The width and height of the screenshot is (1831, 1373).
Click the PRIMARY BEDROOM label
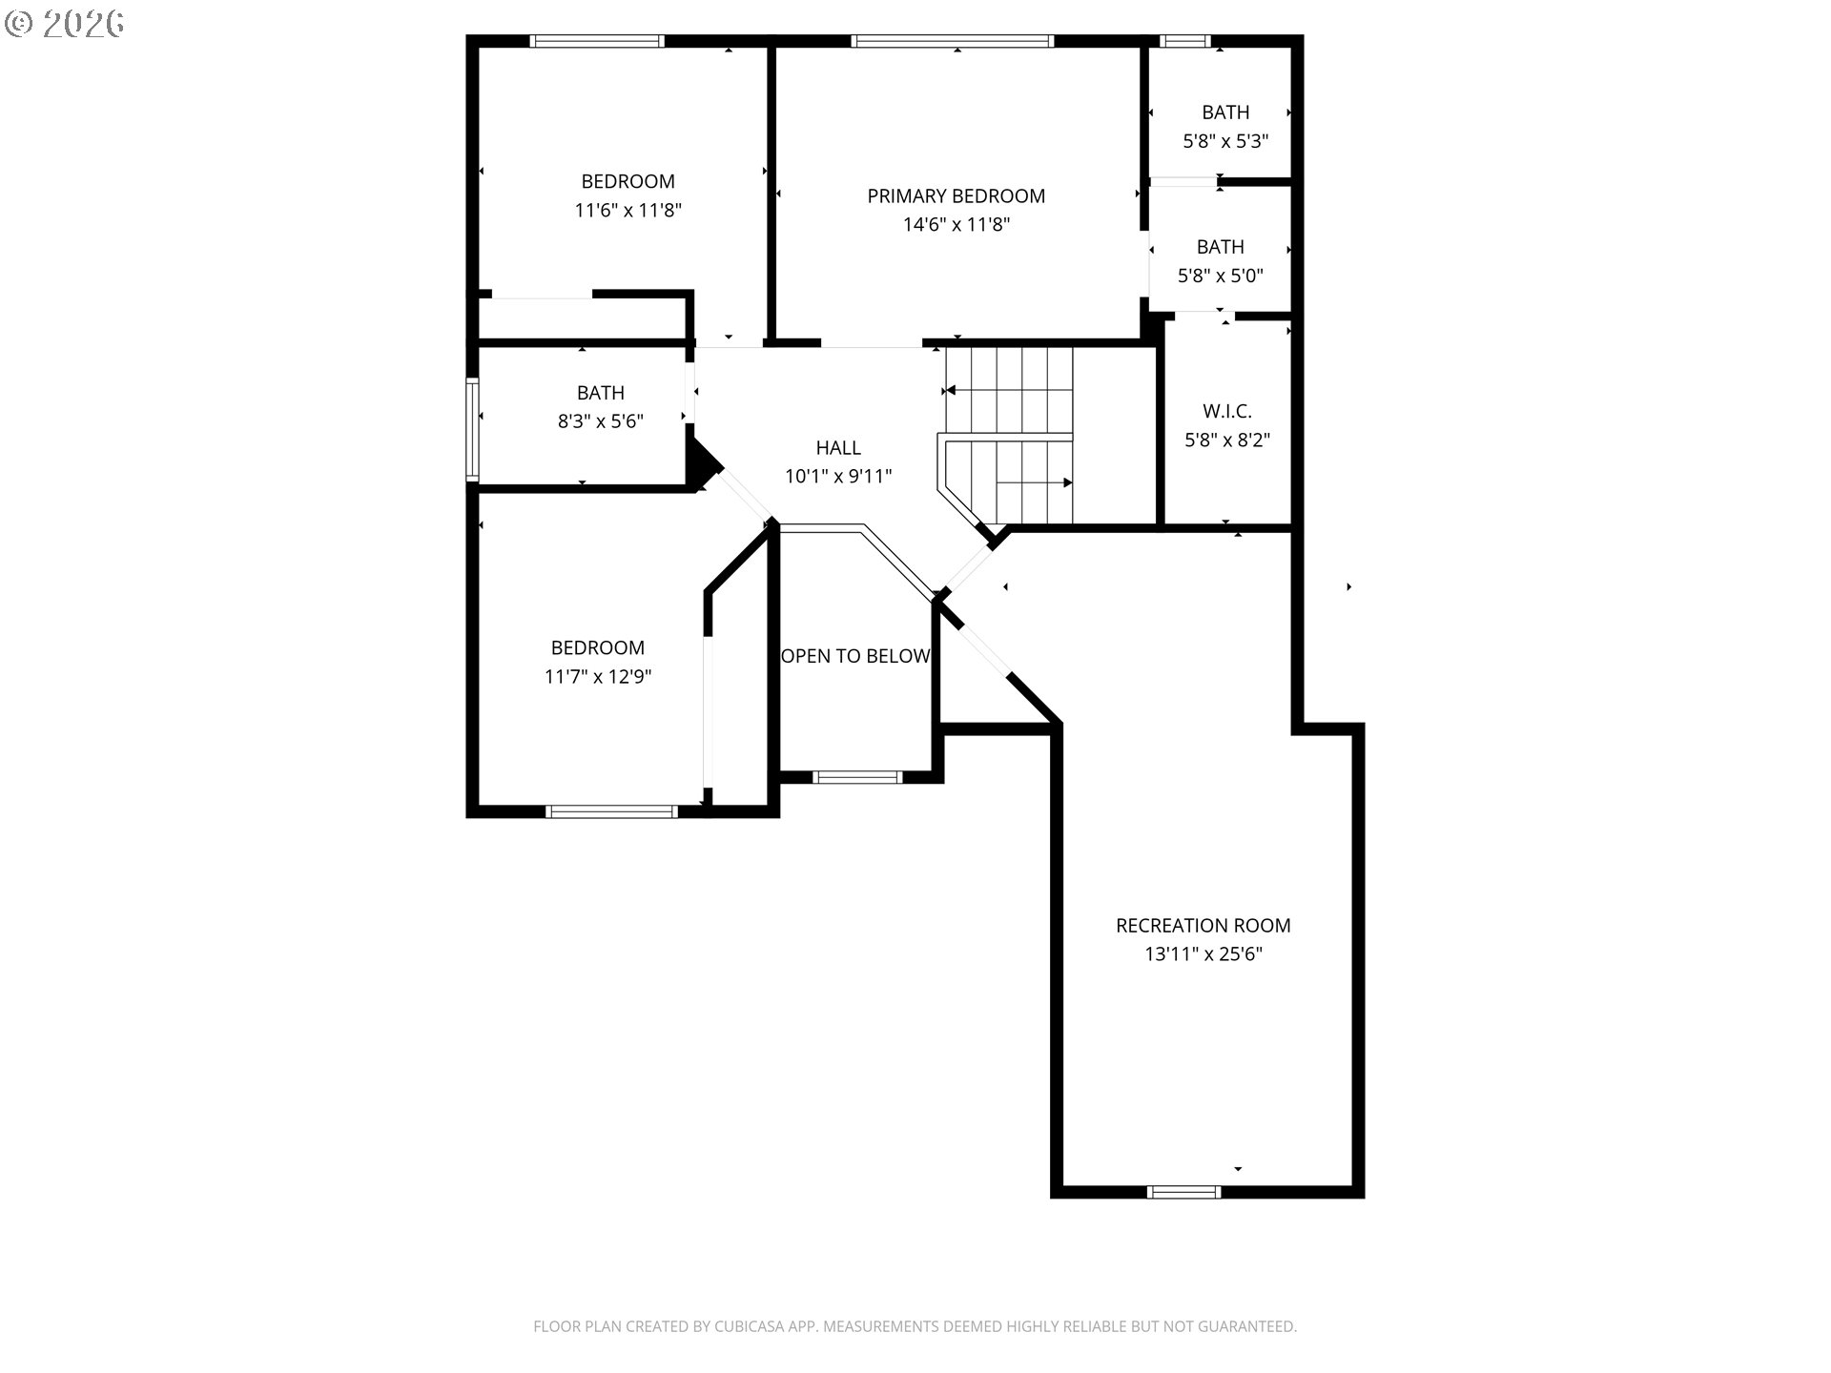tap(956, 196)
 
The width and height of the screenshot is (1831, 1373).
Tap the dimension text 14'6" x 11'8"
tap(956, 225)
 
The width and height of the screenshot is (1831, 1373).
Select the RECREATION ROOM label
tap(1204, 926)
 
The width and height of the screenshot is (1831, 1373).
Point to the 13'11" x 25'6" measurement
tap(1204, 954)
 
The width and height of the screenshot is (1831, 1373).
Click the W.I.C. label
tap(1227, 412)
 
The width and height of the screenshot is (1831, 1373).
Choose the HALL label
tap(838, 448)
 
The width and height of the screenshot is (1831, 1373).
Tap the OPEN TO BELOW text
tap(855, 656)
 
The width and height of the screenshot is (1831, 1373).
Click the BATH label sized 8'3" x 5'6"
tap(601, 393)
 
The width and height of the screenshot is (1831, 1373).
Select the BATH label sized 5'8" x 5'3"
tap(1225, 113)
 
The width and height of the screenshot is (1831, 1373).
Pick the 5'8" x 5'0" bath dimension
tap(1221, 277)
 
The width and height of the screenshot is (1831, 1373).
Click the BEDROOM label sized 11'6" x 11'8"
tap(628, 182)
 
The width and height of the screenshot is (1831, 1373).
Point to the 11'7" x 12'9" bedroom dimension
tap(598, 677)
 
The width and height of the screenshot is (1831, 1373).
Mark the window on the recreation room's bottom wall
tap(1183, 1192)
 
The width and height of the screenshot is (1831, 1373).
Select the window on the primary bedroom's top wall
tap(953, 41)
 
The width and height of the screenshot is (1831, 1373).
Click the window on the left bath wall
tap(471, 429)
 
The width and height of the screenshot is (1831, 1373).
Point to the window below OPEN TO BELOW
tap(857, 777)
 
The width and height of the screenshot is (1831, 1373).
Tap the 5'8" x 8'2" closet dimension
tap(1227, 441)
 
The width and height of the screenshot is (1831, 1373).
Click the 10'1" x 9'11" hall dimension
tap(838, 477)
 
